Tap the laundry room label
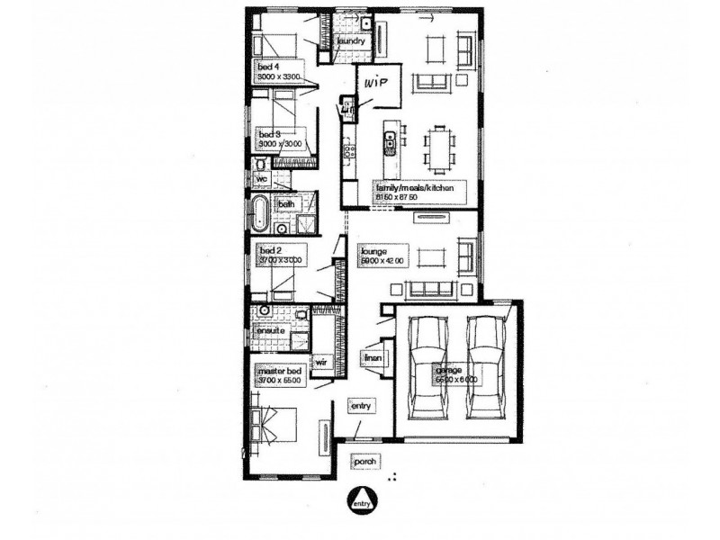[350, 41]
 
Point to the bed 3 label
[270, 133]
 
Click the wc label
[264, 179]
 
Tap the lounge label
[373, 251]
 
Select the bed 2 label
[270, 250]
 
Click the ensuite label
[271, 331]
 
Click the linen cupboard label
[373, 358]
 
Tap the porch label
[364, 463]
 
